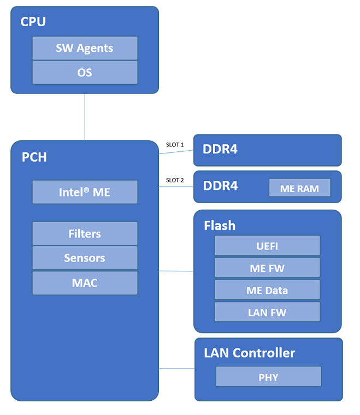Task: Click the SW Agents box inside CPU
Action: (x=85, y=48)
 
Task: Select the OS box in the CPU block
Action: (x=85, y=73)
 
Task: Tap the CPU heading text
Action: (x=33, y=22)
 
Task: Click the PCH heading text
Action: (x=34, y=157)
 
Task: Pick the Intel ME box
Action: (x=85, y=192)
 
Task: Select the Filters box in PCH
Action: (x=85, y=234)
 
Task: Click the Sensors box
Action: (x=85, y=258)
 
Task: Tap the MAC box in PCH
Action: (x=85, y=283)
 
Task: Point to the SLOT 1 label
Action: (x=175, y=145)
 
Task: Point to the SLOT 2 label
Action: (x=175, y=180)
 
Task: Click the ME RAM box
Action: (x=299, y=188)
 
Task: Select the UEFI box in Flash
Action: (x=267, y=246)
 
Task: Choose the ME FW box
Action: (x=267, y=268)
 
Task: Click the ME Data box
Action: (x=267, y=290)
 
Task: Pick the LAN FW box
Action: (x=267, y=312)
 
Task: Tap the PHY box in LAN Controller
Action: (x=268, y=377)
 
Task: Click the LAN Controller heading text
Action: (x=249, y=353)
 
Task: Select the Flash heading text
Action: (x=220, y=225)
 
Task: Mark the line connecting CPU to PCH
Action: (x=85, y=117)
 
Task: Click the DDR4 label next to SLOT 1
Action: (x=220, y=149)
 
